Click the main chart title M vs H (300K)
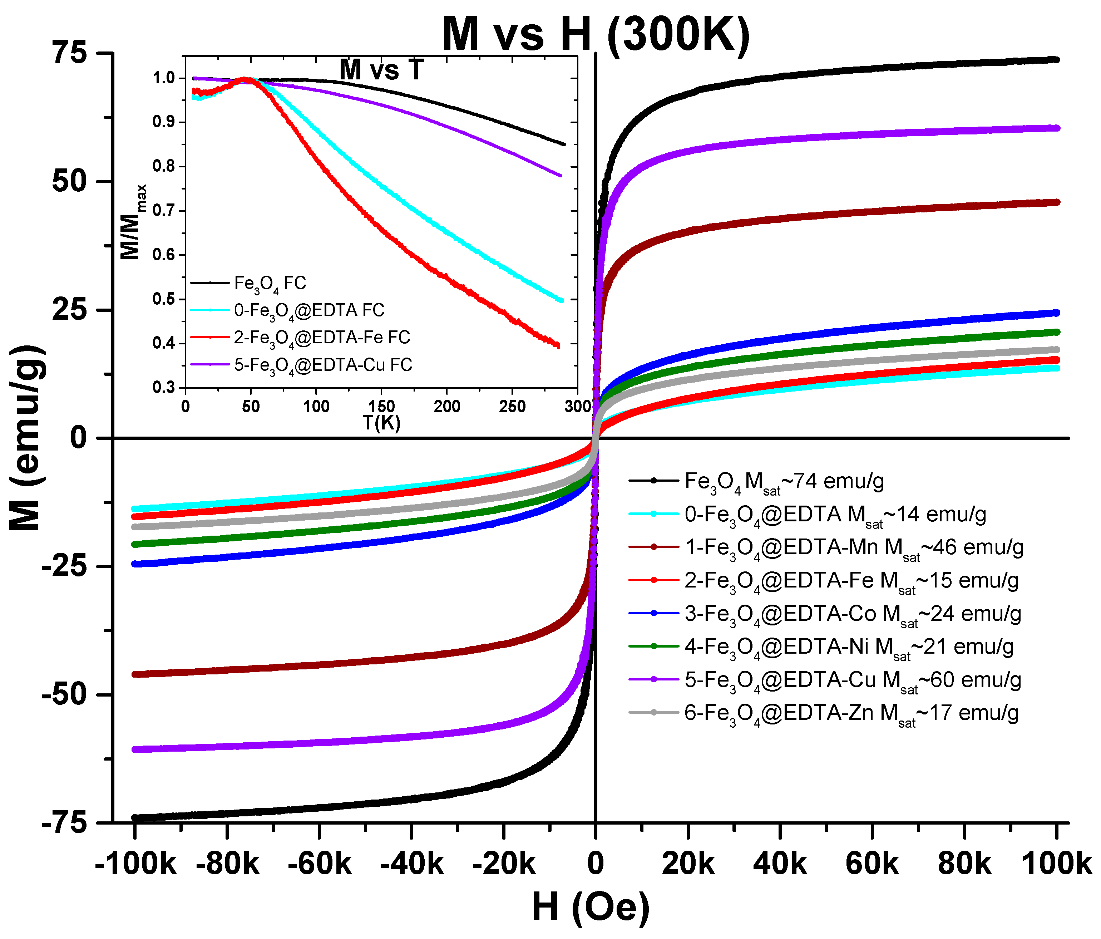click(596, 35)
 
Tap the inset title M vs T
click(381, 70)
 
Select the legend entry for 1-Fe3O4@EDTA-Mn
click(826, 548)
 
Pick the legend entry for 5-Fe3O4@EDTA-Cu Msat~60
click(826, 680)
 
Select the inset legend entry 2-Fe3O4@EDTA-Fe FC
click(300, 338)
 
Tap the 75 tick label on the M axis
click(69, 53)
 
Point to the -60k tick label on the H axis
click(319, 864)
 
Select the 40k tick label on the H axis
click(780, 864)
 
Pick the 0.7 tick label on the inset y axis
click(164, 211)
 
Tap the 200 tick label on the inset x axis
click(446, 407)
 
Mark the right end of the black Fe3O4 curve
click(1056, 59)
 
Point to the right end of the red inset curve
click(558, 346)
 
